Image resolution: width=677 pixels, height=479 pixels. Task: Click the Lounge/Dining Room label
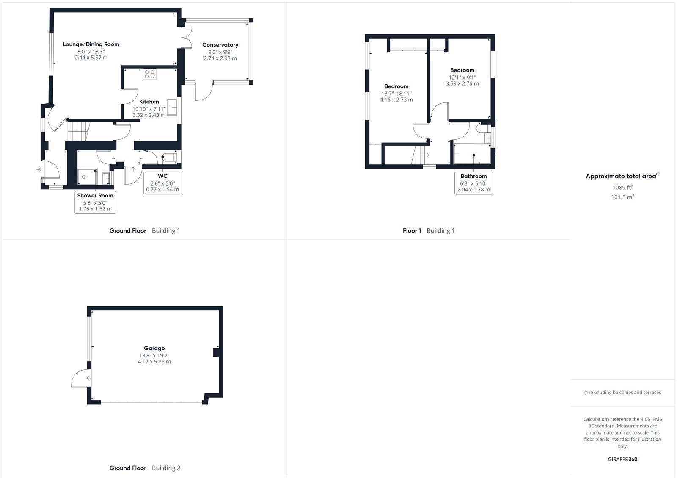click(x=91, y=44)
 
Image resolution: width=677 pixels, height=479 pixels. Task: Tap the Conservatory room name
click(x=220, y=45)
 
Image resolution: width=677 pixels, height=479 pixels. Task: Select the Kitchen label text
click(x=149, y=102)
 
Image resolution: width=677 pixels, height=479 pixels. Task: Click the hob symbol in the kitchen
click(x=150, y=74)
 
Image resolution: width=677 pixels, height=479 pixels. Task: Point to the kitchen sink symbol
click(x=172, y=107)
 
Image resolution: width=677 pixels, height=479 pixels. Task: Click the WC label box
click(x=162, y=183)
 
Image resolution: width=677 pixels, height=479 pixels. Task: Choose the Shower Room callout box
click(x=95, y=202)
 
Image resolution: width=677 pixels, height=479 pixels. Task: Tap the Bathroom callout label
click(x=473, y=183)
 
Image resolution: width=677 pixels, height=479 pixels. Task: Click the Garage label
click(x=154, y=348)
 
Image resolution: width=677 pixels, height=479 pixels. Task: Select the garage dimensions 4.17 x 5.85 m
click(x=154, y=362)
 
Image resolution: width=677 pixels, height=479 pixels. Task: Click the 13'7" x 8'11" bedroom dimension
click(x=396, y=94)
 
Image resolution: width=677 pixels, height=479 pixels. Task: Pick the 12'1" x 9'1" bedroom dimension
click(x=462, y=78)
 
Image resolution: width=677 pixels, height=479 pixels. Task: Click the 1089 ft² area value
click(x=622, y=187)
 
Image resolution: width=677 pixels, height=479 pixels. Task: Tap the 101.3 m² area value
click(x=622, y=197)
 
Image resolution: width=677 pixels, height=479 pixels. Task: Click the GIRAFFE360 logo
click(x=622, y=460)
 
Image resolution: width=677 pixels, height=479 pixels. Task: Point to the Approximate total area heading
click(x=622, y=176)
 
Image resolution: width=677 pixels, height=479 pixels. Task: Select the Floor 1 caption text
click(x=412, y=230)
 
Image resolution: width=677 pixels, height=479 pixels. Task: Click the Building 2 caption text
click(x=166, y=468)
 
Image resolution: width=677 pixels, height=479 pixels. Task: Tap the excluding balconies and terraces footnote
click(x=622, y=393)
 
